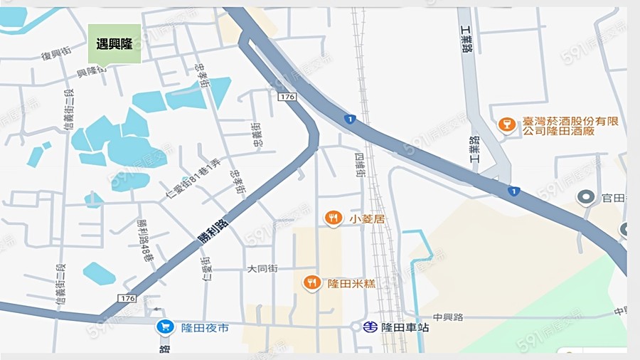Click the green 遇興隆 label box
click(114, 44)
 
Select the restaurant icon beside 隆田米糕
click(311, 283)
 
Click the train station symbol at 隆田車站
click(369, 327)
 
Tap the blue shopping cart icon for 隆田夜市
click(165, 327)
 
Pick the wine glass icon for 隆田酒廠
click(507, 126)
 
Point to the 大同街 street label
click(262, 269)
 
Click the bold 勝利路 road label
click(214, 233)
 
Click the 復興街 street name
click(56, 55)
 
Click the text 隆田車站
click(405, 328)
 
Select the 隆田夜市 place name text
click(205, 328)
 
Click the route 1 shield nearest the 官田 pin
click(514, 191)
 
